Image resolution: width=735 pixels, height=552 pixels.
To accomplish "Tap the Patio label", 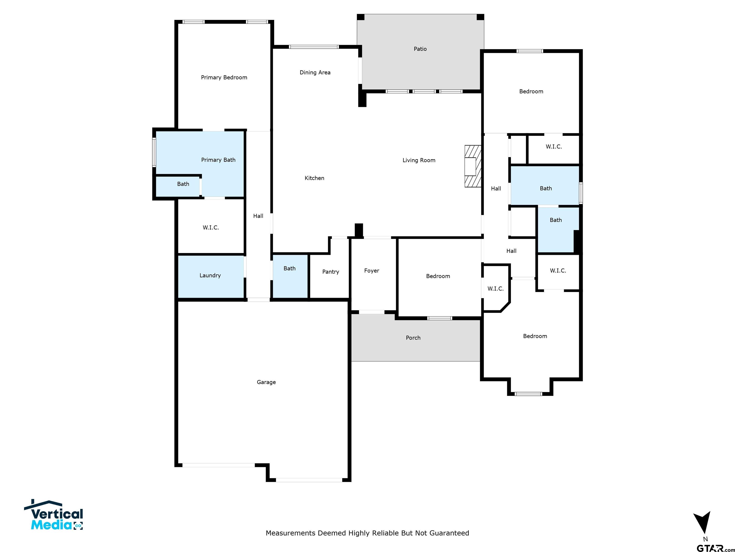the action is coord(420,49).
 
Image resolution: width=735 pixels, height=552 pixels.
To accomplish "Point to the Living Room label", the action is coord(419,160).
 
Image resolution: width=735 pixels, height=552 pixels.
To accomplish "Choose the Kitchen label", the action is coord(314,178).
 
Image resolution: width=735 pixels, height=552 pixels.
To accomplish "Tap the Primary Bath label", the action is coord(218,160).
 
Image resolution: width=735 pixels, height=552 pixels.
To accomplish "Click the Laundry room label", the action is coord(210,276).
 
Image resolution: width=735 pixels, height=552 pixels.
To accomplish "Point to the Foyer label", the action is coord(372,271).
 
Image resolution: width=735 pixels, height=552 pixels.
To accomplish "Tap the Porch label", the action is coord(413,338).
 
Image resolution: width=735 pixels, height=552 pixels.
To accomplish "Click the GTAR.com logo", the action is coord(715,548).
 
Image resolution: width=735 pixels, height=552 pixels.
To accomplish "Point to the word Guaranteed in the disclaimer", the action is coord(449,533).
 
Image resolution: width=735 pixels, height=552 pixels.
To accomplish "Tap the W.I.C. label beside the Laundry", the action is coord(211,228).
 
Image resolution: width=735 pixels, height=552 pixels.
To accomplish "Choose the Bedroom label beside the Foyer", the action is coord(438,276).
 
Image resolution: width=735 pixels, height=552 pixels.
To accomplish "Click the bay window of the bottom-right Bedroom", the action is coord(528,394).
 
